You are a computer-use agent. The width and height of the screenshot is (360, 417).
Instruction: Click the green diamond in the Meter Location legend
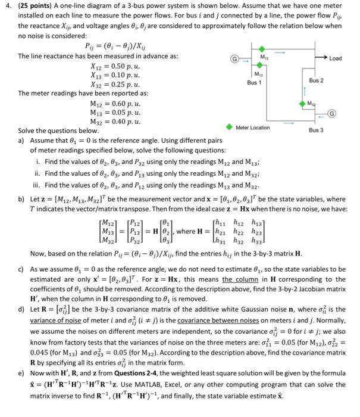click(229, 127)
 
